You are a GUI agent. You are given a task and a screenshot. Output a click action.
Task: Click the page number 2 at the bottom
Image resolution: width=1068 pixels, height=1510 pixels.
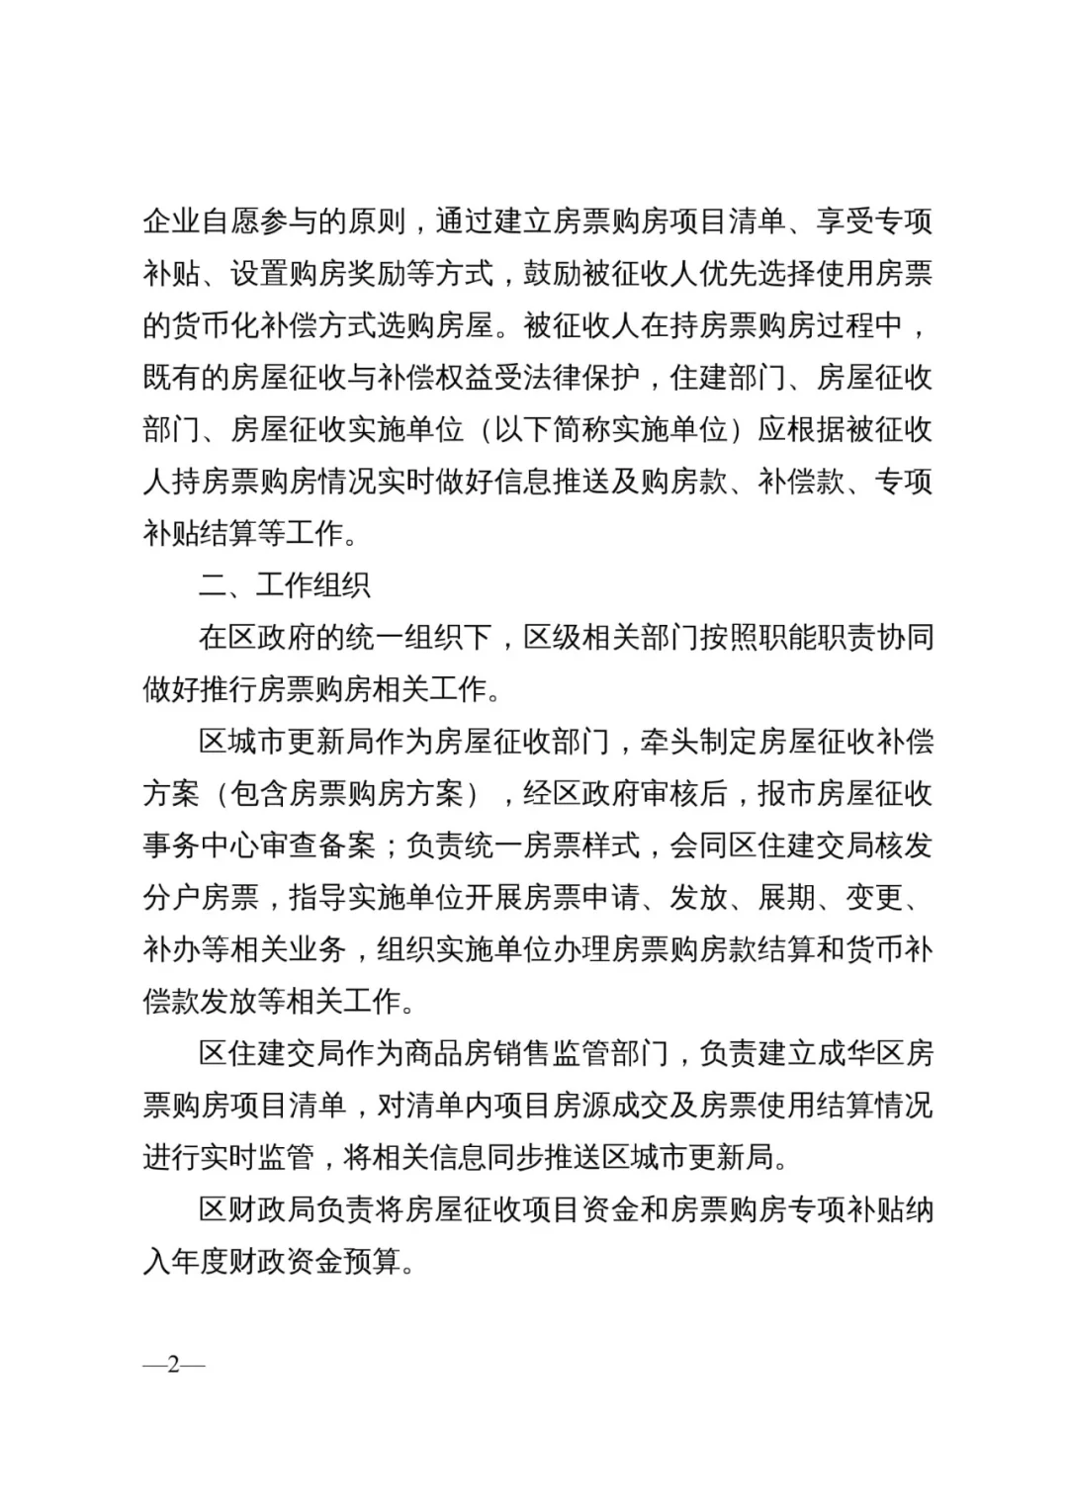(x=174, y=1366)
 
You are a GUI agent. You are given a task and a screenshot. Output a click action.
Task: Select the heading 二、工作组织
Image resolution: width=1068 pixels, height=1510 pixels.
(x=285, y=584)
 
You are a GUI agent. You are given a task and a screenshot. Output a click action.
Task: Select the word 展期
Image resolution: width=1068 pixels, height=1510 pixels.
(x=786, y=897)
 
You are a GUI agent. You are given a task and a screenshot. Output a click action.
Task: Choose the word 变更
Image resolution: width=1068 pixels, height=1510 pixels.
(x=874, y=897)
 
